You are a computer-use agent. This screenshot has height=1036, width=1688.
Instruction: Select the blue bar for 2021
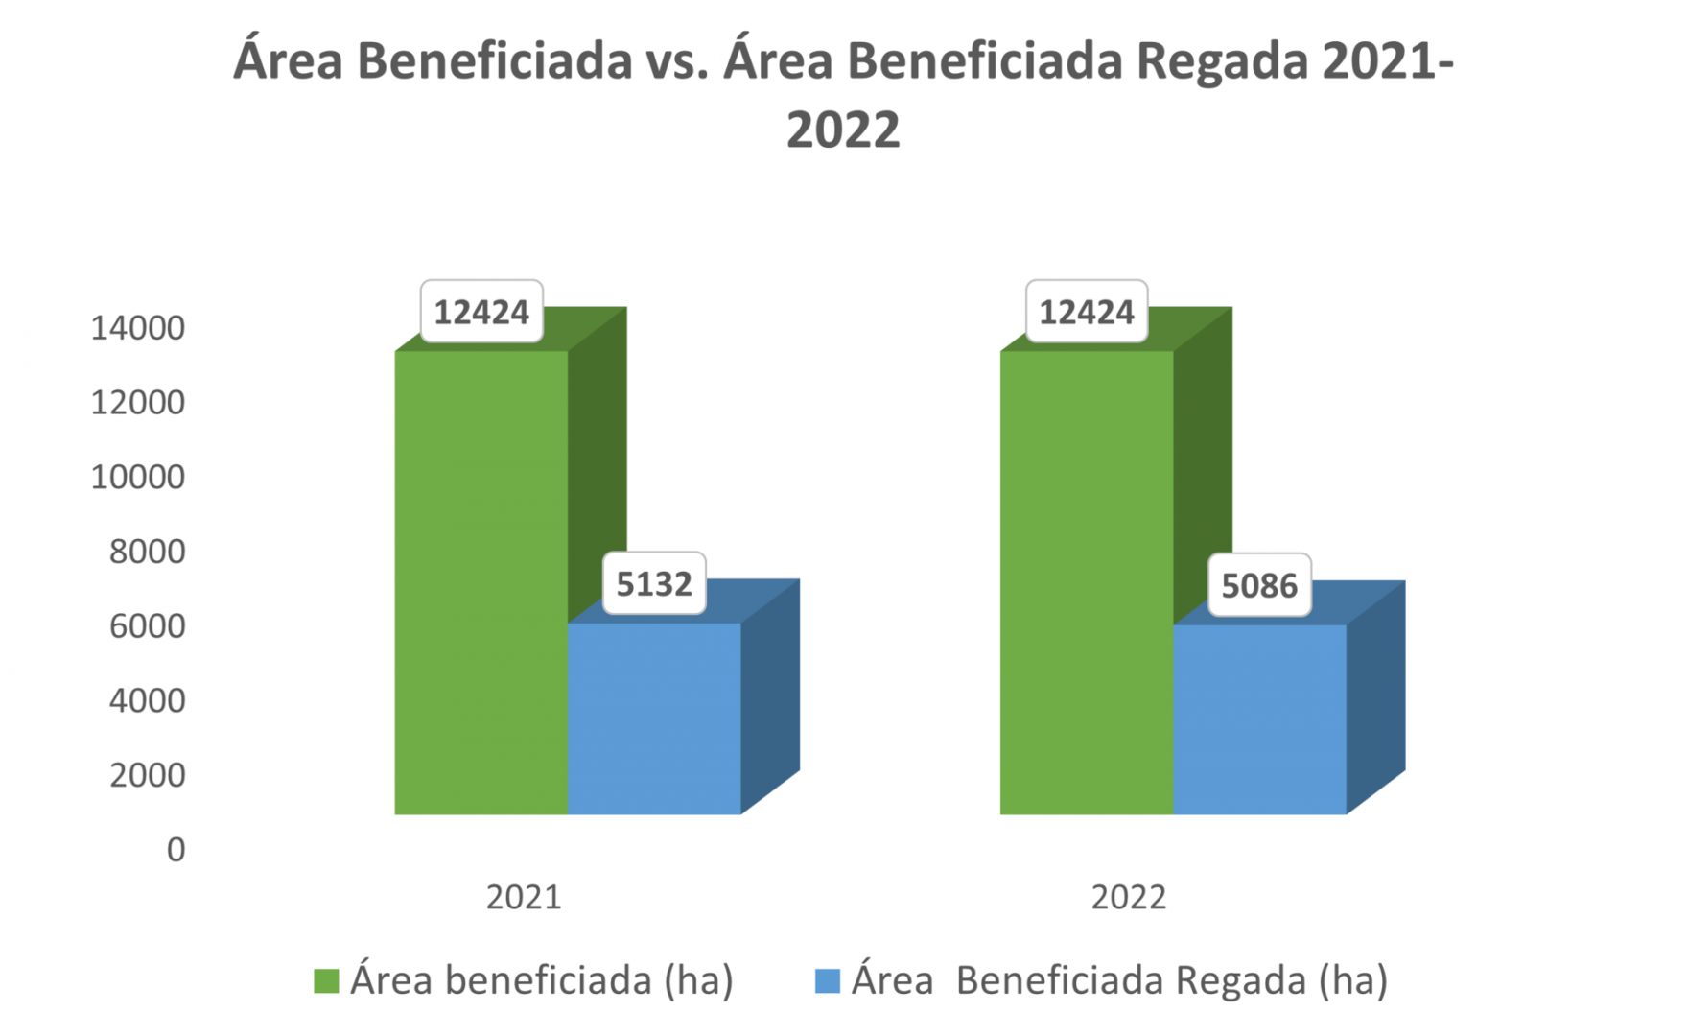(x=654, y=718)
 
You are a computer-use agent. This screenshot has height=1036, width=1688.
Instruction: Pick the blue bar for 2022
(x=1259, y=719)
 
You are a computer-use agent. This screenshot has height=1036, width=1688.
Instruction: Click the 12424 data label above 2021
(x=481, y=312)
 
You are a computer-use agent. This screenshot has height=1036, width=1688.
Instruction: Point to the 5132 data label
(x=654, y=583)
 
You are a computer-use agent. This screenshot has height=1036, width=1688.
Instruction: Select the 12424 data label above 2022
(x=1087, y=312)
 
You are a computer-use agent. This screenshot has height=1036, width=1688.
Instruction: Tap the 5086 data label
(x=1259, y=585)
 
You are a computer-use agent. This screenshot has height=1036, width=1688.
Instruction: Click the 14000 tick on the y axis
(x=137, y=328)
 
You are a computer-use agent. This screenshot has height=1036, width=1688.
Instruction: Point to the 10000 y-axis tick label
(x=137, y=477)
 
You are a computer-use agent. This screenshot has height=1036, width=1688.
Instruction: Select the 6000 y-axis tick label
(x=147, y=626)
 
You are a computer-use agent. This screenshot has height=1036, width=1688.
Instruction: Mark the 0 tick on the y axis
(x=176, y=850)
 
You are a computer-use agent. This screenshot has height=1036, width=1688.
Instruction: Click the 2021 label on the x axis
(x=524, y=897)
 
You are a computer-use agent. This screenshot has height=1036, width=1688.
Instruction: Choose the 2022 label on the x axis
(x=1129, y=897)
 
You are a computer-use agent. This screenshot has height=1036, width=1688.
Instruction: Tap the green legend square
(x=326, y=980)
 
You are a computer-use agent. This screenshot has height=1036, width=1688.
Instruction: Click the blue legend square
(x=827, y=980)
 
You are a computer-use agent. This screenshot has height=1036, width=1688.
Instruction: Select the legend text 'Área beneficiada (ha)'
(x=542, y=980)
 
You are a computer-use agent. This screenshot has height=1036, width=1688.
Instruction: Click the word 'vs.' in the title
(x=677, y=60)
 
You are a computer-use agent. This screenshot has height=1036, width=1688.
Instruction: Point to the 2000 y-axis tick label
(x=147, y=775)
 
